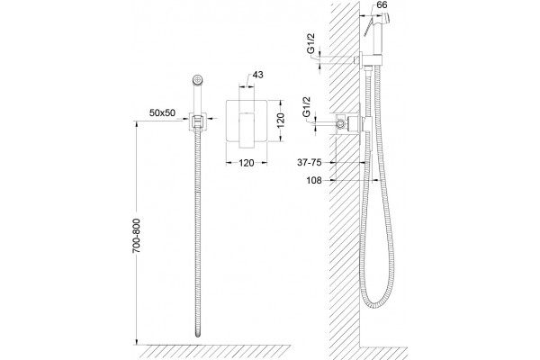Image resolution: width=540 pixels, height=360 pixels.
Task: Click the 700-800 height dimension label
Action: point(137,236)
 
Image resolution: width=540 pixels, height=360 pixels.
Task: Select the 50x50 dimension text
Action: point(162,112)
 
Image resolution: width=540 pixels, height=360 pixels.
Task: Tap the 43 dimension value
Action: point(258,75)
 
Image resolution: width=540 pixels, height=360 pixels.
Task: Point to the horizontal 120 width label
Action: point(247,163)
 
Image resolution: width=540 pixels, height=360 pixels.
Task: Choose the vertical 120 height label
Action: point(281,121)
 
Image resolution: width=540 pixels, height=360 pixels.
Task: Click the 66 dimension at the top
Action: point(382,5)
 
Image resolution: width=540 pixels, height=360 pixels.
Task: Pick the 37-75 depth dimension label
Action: point(310,162)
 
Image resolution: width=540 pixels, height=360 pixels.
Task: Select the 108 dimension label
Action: point(314,180)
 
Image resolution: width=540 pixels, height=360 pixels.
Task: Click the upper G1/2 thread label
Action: point(310,45)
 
